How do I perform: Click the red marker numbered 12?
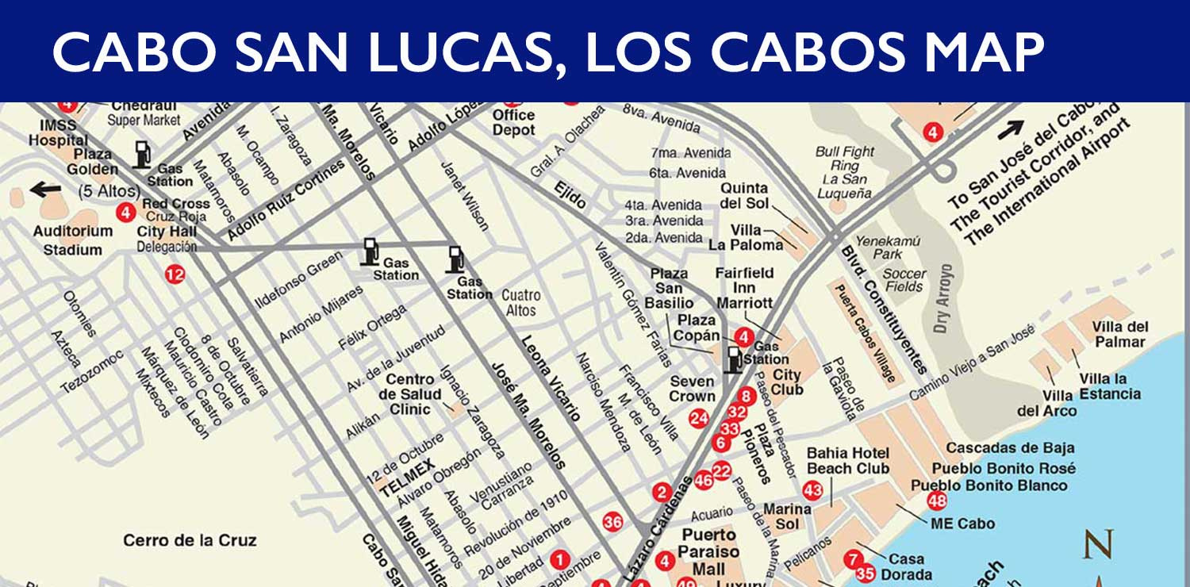175,274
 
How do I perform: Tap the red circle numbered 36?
612,522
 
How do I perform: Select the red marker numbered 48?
937,501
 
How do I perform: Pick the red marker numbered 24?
699,418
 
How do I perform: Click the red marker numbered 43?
813,490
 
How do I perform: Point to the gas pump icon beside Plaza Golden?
142,154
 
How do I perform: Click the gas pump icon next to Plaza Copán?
735,358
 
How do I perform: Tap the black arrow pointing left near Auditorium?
46,190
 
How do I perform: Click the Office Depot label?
513,122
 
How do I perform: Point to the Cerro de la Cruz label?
190,540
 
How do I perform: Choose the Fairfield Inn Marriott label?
744,287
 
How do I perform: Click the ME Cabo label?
962,524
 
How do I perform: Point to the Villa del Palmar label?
1119,334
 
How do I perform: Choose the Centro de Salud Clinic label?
409,394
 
